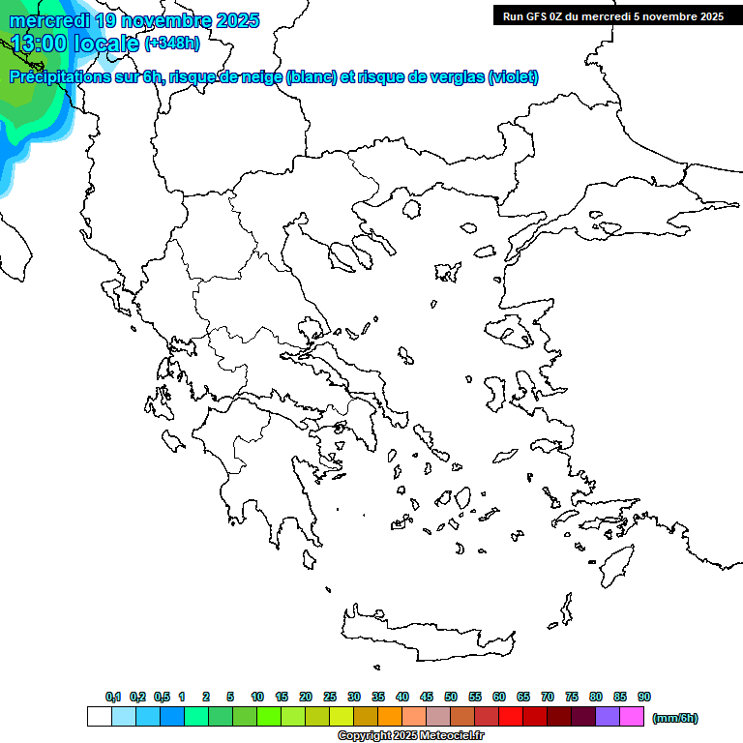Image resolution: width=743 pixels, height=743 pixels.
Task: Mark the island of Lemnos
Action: [x=447, y=272]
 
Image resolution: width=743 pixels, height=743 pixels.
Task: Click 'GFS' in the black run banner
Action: [x=537, y=16]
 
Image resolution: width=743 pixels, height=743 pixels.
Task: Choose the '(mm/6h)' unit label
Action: [x=674, y=718]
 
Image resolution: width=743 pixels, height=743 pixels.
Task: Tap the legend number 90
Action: [x=644, y=697]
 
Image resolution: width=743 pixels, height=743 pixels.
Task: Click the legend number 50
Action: [x=451, y=697]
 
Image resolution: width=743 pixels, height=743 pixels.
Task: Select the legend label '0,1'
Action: [x=112, y=697]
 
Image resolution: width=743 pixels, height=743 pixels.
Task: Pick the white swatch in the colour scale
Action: [x=99, y=717]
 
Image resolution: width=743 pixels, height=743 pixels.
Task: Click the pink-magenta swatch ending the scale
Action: [x=632, y=717]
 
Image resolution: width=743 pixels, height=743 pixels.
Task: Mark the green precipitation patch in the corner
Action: [x=24, y=106]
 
